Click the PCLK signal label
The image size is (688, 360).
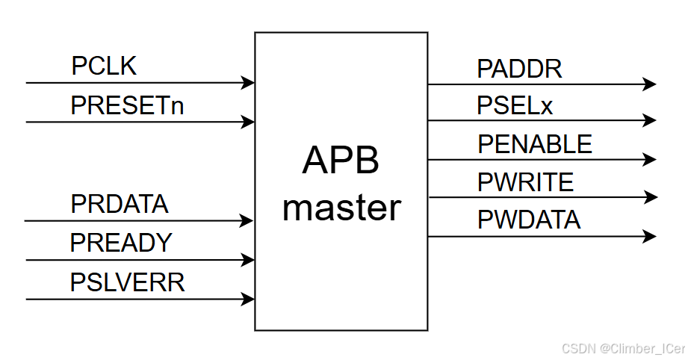click(104, 66)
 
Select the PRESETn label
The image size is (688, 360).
click(127, 106)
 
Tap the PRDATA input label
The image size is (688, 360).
click(120, 204)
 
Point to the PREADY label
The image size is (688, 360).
click(121, 243)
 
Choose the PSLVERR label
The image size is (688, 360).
click(127, 282)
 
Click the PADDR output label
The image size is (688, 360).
click(519, 69)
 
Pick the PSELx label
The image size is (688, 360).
click(515, 106)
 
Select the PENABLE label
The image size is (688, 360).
click(534, 144)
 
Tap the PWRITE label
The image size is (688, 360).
click(525, 182)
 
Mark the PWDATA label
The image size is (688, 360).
click(528, 220)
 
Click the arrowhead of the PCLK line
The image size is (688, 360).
click(248, 83)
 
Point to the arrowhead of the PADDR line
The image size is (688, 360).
click(649, 84)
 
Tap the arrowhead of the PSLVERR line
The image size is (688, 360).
click(248, 300)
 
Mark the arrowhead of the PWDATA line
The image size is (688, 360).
click(649, 237)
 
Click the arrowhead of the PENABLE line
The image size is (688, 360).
click(649, 159)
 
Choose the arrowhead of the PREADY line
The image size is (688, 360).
click(248, 261)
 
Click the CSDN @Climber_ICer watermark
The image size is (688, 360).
click(622, 349)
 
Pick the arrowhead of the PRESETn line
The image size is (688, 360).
click(248, 122)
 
